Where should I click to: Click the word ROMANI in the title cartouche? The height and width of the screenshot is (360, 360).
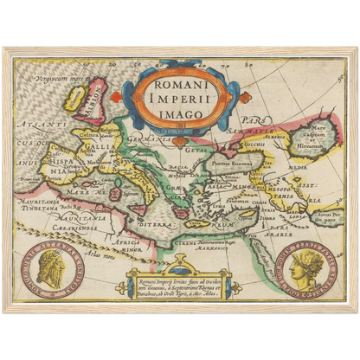tap(181, 87)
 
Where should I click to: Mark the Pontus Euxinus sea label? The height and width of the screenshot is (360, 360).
tap(231, 161)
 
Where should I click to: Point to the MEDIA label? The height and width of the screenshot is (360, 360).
tap(297, 169)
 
